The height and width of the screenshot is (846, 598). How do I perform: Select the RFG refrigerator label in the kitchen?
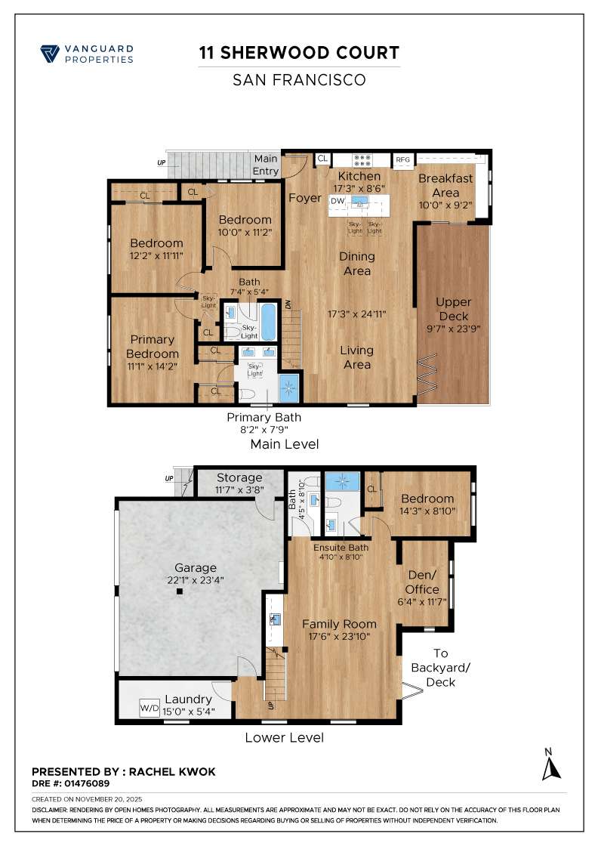tap(402, 159)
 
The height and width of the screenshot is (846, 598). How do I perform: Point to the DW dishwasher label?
tap(338, 201)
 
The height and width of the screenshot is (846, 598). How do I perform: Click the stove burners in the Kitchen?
tap(362, 159)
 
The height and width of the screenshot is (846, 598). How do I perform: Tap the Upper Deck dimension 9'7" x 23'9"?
tap(454, 329)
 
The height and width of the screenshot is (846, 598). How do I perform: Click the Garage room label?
tap(196, 567)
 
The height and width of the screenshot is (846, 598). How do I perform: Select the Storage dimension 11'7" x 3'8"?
tap(239, 489)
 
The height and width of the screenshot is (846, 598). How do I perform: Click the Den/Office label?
tap(422, 582)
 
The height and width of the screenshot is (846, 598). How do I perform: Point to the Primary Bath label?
tap(264, 417)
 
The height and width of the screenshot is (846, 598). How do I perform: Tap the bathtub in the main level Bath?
tap(269, 321)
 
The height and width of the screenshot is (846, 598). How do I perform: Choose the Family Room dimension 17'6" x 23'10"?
tap(339, 636)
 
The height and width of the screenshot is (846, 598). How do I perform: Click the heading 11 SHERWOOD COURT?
tap(298, 53)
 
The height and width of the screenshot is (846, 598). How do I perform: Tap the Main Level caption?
tap(284, 444)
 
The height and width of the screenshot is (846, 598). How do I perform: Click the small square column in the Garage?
tap(180, 592)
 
